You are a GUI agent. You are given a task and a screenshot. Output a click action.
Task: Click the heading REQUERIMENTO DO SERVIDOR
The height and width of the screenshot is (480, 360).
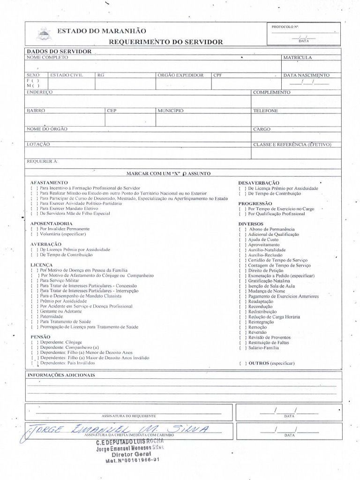click(166, 42)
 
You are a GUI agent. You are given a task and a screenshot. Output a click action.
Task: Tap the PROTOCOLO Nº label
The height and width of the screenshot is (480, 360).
click(285, 27)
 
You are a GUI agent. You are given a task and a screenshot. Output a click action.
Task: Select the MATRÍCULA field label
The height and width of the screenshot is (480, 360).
click(297, 57)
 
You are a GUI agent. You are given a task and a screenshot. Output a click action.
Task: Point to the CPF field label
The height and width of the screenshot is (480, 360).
click(217, 75)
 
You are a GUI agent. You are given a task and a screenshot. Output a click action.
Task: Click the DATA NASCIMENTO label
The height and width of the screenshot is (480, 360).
click(307, 75)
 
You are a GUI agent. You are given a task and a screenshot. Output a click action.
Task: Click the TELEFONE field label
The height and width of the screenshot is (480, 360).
click(266, 111)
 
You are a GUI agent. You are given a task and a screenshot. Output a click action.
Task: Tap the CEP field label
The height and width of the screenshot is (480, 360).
click(112, 111)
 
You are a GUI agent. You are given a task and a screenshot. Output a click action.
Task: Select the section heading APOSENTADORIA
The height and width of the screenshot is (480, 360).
click(52, 224)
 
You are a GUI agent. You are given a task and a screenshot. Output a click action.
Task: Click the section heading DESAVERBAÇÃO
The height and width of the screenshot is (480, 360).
click(259, 183)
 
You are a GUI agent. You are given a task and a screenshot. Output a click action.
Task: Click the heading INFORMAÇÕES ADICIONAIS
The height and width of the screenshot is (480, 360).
click(61, 375)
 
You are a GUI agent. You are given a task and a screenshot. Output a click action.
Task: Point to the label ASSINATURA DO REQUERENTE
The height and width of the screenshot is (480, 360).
click(128, 416)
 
